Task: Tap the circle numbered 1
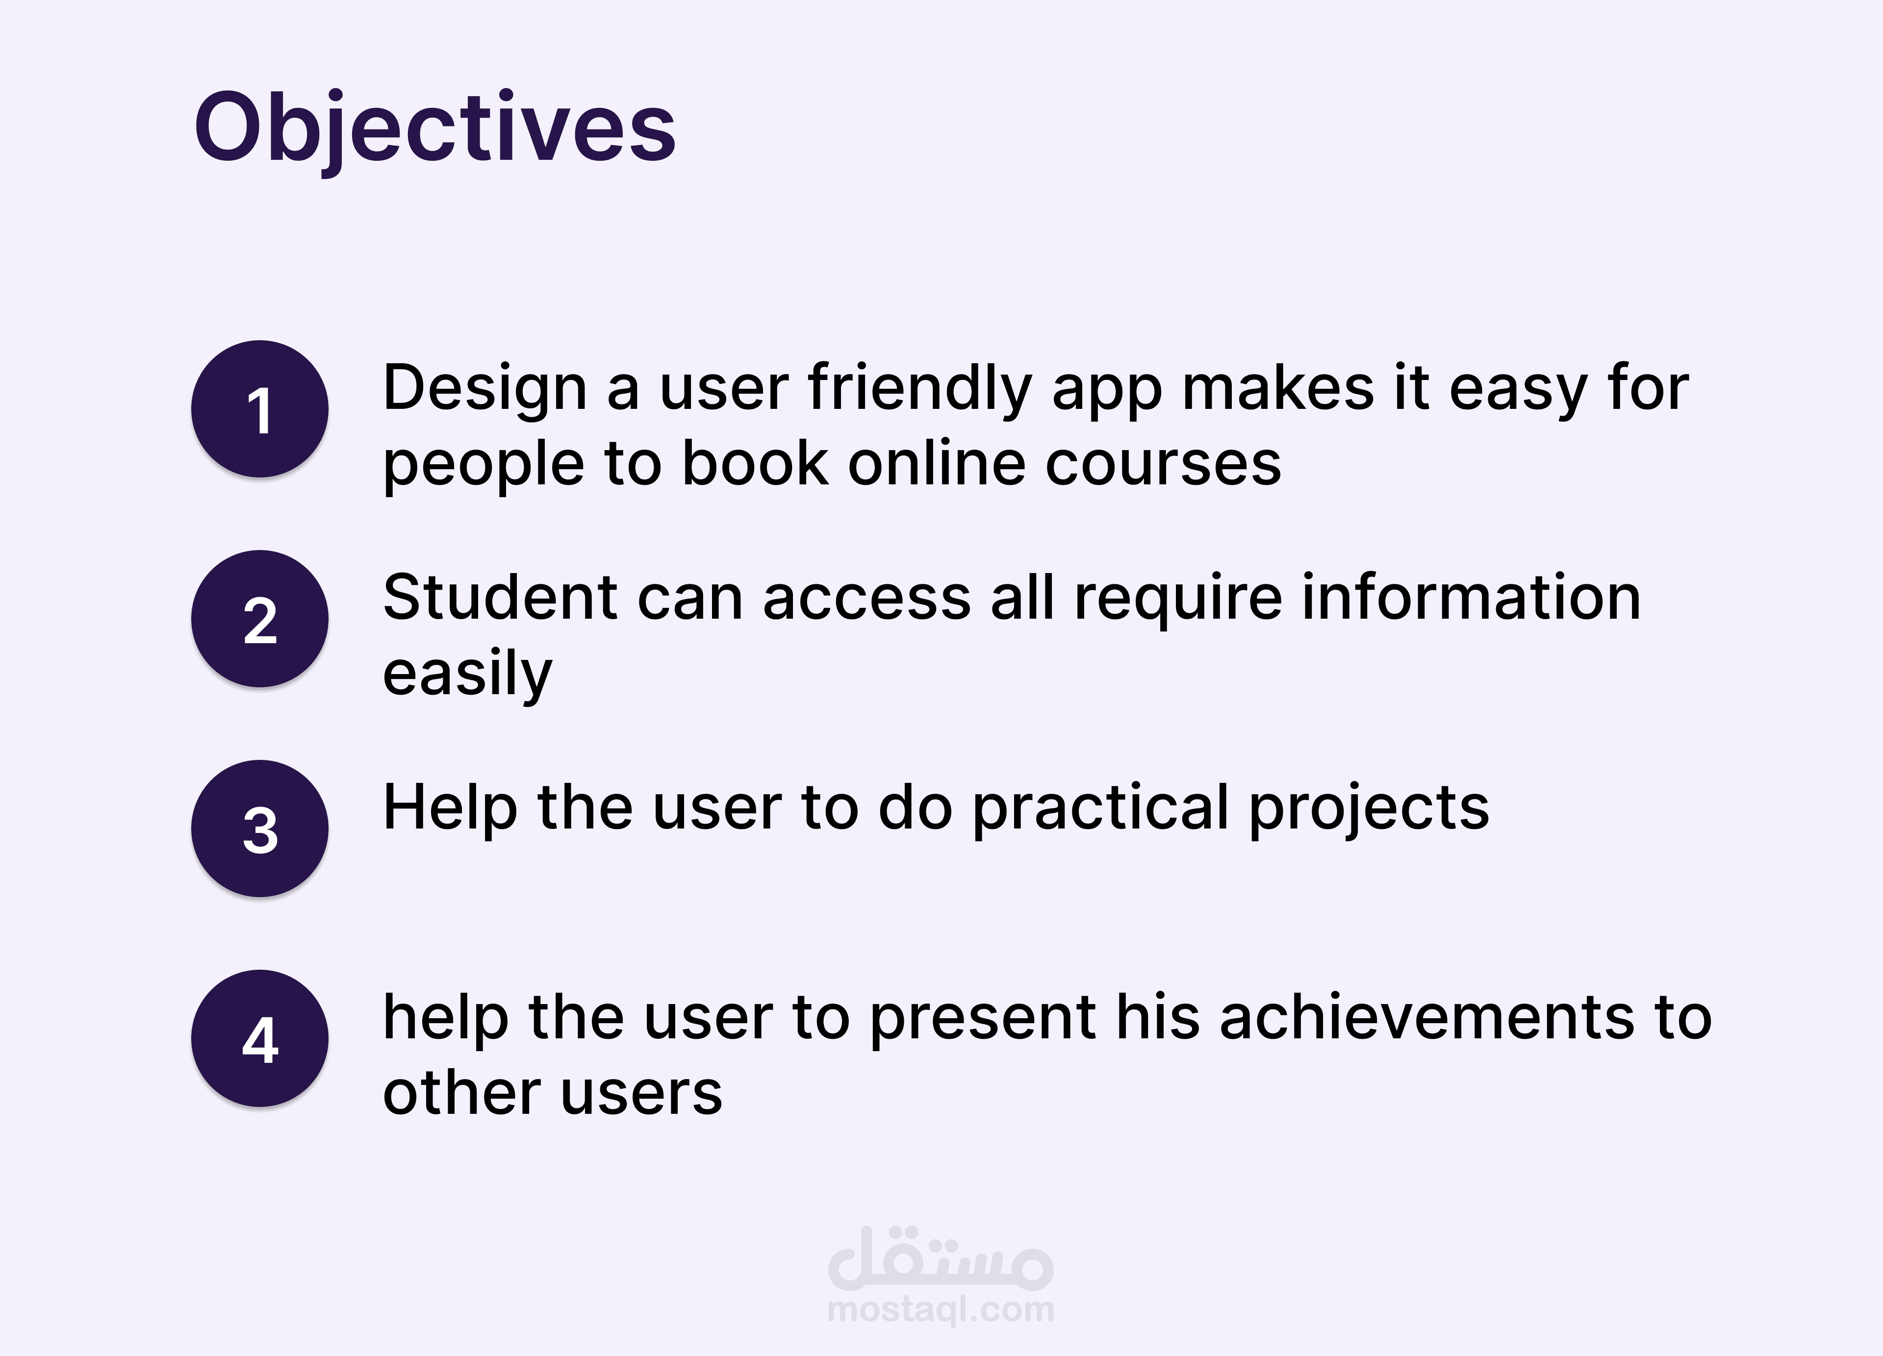point(260,409)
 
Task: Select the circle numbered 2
point(260,619)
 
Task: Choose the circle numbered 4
point(260,1039)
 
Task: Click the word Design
point(485,388)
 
